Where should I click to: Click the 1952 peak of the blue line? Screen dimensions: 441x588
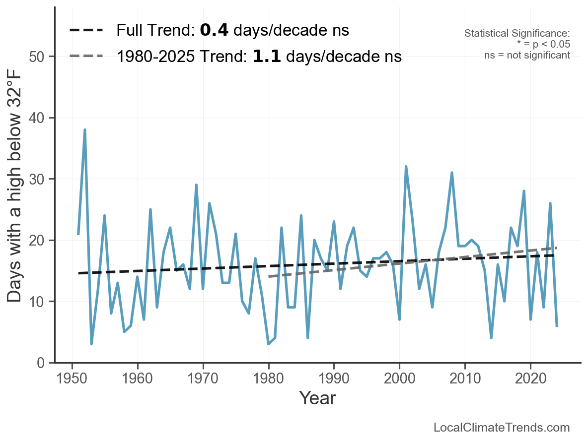tap(85, 130)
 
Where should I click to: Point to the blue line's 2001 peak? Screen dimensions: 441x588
tap(406, 167)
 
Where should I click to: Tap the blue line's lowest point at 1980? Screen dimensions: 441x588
tap(268, 344)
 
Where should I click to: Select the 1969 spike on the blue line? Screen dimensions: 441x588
tap(196, 185)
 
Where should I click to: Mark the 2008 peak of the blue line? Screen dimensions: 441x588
tap(452, 173)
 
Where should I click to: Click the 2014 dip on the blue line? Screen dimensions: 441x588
tap(491, 338)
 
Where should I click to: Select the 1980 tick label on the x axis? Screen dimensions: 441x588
tap(268, 379)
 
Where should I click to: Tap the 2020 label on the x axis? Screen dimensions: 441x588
tap(530, 379)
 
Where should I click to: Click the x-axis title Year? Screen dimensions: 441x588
tap(317, 398)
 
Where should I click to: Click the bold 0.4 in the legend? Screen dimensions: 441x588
tap(214, 31)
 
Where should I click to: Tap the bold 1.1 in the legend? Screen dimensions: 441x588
tap(267, 57)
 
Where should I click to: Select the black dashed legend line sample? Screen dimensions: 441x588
tap(86, 31)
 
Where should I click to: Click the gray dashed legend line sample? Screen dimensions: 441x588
tap(86, 56)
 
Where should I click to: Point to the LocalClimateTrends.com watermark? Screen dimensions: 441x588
tap(502, 428)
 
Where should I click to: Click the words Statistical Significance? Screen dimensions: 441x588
tap(516, 34)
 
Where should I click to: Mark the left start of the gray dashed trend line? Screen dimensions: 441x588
tap(269, 276)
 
